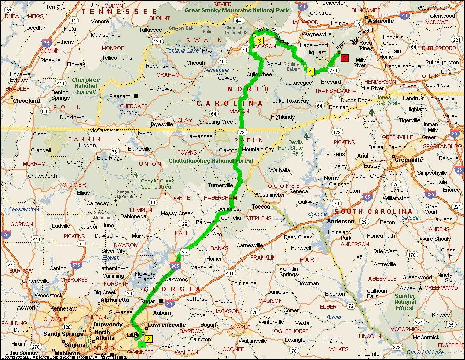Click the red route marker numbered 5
tap(345, 58)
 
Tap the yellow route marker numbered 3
tap(259, 41)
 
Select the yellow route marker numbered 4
tap(310, 71)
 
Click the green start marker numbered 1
tap(142, 344)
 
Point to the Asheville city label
tap(381, 21)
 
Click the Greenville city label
tap(409, 160)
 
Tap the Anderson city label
tap(341, 221)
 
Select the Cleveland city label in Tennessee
tap(27, 101)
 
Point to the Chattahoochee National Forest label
tap(210, 161)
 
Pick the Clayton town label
tap(228, 150)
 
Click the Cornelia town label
tap(230, 218)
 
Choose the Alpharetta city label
tap(115, 299)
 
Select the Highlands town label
tap(283, 117)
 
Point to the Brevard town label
tap(331, 82)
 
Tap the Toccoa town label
tap(261, 207)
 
